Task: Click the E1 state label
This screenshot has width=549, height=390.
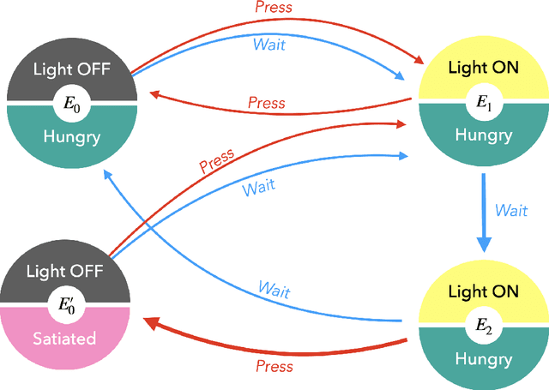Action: [x=485, y=102]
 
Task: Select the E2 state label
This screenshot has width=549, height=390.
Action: [x=485, y=325]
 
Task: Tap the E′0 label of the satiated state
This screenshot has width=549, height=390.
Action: [x=65, y=303]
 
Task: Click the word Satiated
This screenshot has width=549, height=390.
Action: [x=65, y=338]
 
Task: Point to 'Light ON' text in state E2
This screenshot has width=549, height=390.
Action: [x=485, y=291]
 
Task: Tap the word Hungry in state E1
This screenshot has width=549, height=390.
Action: [x=485, y=135]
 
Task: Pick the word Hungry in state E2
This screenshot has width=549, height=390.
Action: [x=485, y=358]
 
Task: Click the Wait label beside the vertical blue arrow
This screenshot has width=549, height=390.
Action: [x=511, y=211]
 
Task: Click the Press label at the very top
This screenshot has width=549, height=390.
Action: [x=274, y=8]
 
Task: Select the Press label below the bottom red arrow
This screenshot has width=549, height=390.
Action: [x=274, y=366]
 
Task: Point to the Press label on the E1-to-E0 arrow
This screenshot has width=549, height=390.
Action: [x=266, y=103]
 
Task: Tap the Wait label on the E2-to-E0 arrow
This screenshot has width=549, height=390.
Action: [x=274, y=288]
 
